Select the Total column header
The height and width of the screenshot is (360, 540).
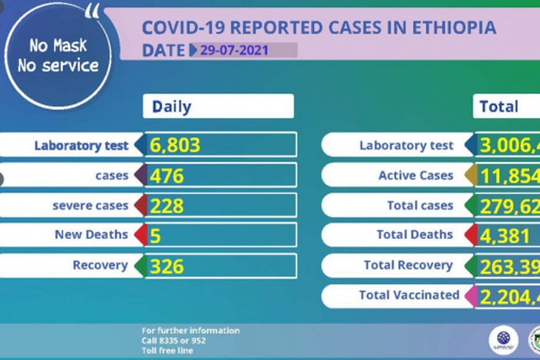pos(499,106)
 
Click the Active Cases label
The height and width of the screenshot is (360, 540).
pos(416,176)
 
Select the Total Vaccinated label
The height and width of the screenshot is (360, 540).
pos(409,295)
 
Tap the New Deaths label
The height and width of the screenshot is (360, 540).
pos(91,235)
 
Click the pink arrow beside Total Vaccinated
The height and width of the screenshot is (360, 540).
pos(469,295)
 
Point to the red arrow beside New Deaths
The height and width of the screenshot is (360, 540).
pos(140,235)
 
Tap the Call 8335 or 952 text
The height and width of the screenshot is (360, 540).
pos(174,340)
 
